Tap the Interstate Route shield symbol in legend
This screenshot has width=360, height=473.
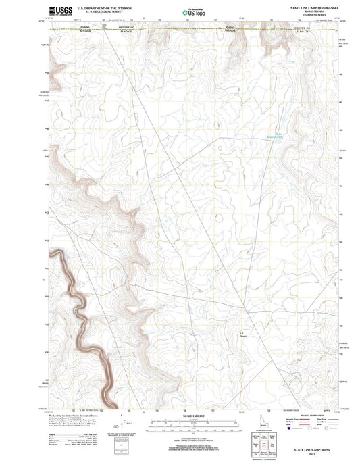click(x=290, y=428)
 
